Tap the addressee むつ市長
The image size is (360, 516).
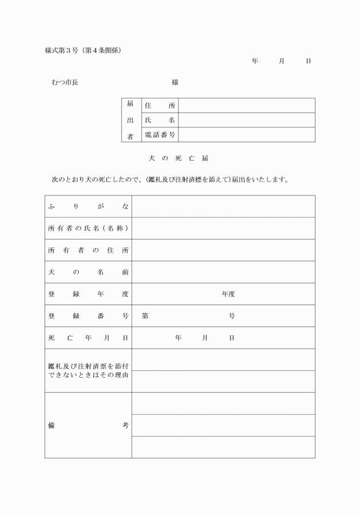click(x=65, y=82)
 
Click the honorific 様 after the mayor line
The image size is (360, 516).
click(x=175, y=82)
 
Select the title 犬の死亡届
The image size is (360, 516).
click(x=179, y=158)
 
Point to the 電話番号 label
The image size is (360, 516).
click(x=160, y=135)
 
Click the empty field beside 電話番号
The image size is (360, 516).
click(x=246, y=135)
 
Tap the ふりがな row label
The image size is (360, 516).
click(x=88, y=206)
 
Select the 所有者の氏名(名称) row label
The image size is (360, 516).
click(x=88, y=229)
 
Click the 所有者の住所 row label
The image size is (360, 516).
click(x=88, y=250)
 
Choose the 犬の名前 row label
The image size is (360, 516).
click(x=88, y=272)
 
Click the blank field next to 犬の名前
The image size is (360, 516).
click(x=223, y=272)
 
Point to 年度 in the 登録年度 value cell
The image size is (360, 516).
click(x=229, y=294)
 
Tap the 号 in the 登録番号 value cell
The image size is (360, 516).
click(x=232, y=316)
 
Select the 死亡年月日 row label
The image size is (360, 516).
click(x=88, y=338)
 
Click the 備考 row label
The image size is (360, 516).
click(x=88, y=425)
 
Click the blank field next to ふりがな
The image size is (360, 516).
click(x=223, y=206)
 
